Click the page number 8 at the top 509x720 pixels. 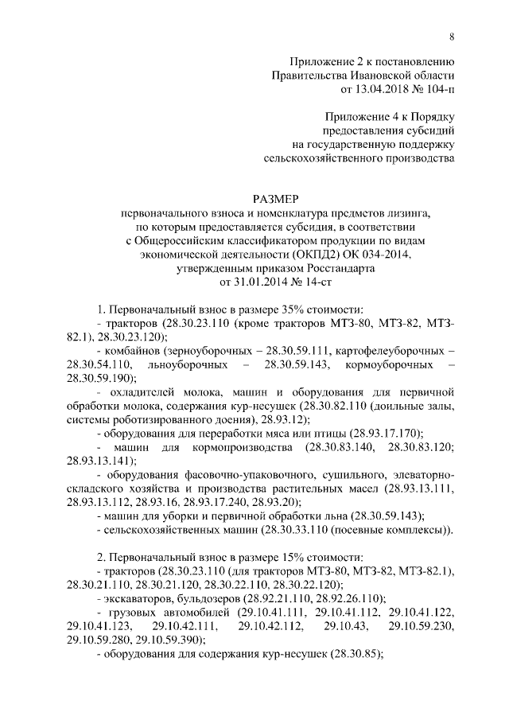tap(452, 37)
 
